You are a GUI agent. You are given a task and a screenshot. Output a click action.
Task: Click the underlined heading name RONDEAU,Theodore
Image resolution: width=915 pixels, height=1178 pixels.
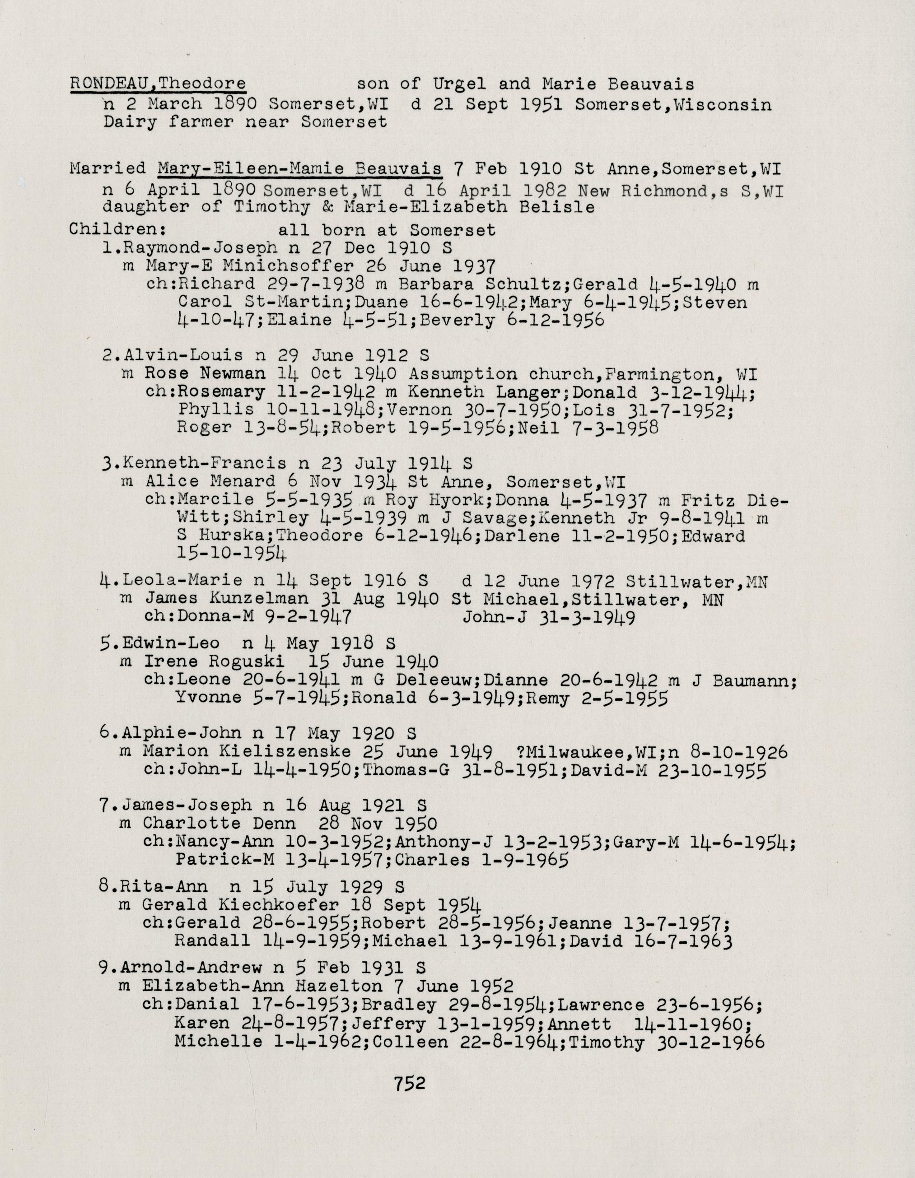158,84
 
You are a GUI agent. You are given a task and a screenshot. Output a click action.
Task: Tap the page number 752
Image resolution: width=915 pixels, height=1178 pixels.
410,1083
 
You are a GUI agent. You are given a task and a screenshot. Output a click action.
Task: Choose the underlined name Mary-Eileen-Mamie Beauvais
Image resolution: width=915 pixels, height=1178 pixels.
299,168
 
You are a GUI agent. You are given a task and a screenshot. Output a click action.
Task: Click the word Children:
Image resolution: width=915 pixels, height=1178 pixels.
117,229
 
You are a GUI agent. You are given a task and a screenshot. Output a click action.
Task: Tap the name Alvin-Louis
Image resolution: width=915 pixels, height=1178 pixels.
183,355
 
